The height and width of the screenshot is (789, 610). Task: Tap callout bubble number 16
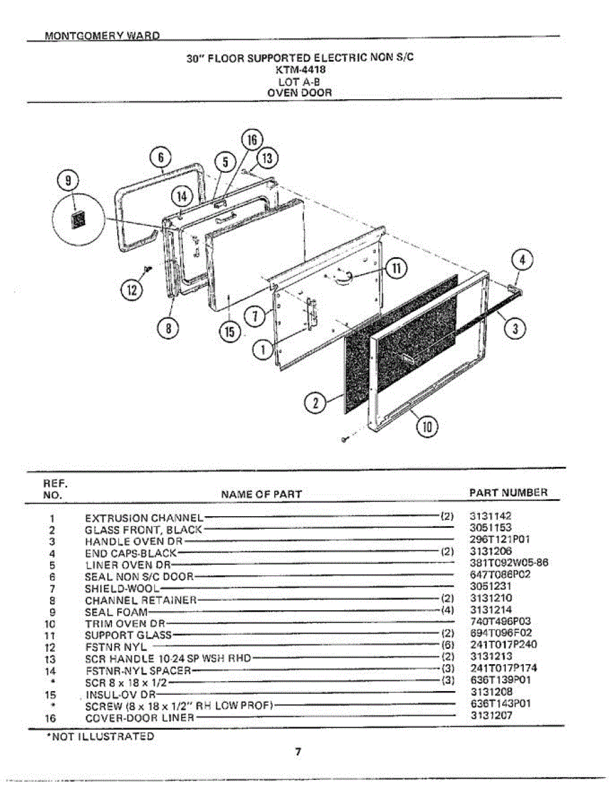point(251,140)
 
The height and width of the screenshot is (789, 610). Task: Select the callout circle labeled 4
point(522,260)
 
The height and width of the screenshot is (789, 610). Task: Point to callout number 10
point(428,427)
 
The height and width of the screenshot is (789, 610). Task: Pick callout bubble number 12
point(132,289)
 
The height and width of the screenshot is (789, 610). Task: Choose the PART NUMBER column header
point(508,492)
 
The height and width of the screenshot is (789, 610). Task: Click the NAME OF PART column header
point(261,494)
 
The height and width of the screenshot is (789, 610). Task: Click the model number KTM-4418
point(299,68)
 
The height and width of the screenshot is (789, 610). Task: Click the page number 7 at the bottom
point(297,752)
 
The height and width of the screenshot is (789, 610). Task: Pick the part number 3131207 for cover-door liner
point(491,717)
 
